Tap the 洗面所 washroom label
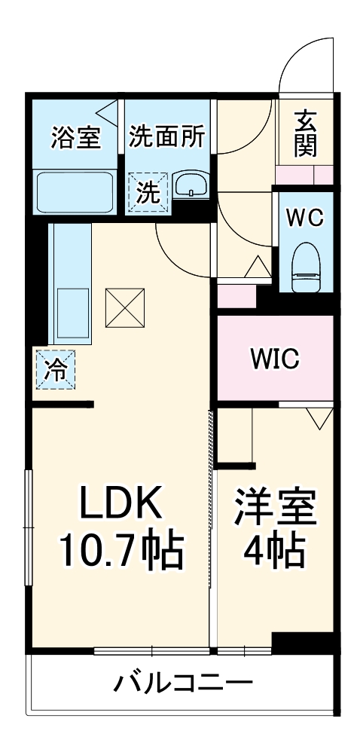point(166,136)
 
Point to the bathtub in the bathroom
point(75,192)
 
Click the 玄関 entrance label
point(305,133)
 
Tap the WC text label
point(304,217)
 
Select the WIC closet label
point(275,359)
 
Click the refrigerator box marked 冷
point(55,369)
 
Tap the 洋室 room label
point(274,509)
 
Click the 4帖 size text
point(274,552)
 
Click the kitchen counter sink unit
point(69,284)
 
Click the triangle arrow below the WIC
point(319,417)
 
